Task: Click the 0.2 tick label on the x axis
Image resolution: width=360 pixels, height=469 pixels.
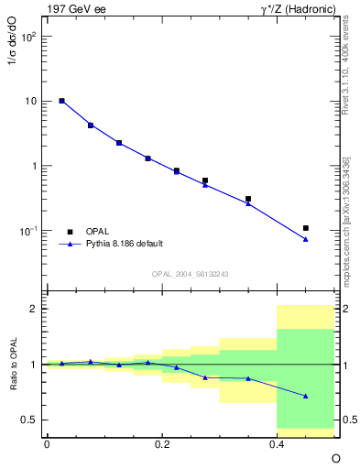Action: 161,444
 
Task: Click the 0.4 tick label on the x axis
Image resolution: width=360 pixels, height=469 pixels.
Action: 277,444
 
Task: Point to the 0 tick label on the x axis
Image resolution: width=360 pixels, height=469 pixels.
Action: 47,444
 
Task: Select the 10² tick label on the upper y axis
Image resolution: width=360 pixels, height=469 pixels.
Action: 29,38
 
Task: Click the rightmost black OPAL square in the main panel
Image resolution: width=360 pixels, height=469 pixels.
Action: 305,227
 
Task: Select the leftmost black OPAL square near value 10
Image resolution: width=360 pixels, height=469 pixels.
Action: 61,101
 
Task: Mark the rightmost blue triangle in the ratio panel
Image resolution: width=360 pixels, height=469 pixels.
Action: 305,396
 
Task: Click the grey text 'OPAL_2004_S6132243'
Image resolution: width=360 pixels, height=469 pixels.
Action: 190,273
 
